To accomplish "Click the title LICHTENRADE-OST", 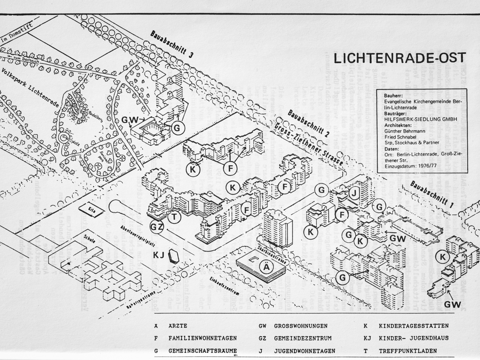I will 400,58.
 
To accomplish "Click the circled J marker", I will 354,193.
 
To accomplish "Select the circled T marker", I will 175,217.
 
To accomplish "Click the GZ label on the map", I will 157,227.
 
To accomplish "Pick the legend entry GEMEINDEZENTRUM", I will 301,338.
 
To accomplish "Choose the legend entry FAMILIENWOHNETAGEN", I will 202,338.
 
